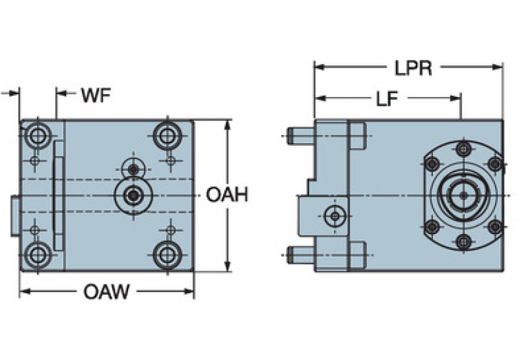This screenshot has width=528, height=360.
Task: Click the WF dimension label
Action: click(96, 95)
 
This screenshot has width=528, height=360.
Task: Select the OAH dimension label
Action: click(226, 195)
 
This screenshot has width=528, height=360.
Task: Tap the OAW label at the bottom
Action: click(106, 292)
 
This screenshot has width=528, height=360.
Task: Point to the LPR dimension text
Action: click(413, 69)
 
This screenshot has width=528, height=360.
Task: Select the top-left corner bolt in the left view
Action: click(38, 135)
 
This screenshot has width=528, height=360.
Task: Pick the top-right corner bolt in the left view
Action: click(167, 135)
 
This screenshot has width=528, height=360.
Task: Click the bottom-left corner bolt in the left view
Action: click(38, 255)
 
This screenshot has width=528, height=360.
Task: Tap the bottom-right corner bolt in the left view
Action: click(167, 255)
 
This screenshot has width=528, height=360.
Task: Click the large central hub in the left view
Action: click(133, 195)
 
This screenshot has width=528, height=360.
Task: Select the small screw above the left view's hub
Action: click(134, 169)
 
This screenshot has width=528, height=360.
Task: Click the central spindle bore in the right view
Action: click(463, 195)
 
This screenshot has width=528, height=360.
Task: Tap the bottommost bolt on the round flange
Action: click(463, 241)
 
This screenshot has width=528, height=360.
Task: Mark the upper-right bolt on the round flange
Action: click(494, 164)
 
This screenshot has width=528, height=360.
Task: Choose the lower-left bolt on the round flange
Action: click(432, 226)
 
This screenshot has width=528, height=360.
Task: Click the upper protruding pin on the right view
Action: click(301, 136)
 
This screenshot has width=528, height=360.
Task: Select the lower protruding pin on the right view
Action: click(301, 255)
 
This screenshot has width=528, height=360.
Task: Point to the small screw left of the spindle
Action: click(335, 216)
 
